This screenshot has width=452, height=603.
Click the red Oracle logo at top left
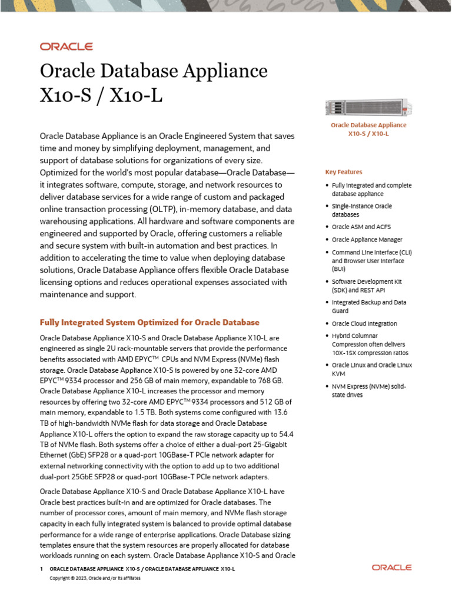[x=66, y=47]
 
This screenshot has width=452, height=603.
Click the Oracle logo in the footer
[x=391, y=567]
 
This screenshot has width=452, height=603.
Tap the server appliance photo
[x=368, y=108]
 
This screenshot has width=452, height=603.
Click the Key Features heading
[x=344, y=172]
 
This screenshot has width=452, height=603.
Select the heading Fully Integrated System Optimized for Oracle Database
[x=149, y=323]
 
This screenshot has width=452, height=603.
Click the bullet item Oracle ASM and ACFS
[x=361, y=227]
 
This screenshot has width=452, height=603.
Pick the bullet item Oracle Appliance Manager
[x=367, y=240]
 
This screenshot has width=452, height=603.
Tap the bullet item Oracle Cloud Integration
[x=364, y=323]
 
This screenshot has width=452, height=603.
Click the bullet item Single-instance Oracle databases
[x=361, y=210]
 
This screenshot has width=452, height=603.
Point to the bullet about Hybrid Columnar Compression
[x=370, y=344]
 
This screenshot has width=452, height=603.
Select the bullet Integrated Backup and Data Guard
[x=368, y=306]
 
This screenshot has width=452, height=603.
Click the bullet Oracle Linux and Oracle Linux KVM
[x=371, y=369]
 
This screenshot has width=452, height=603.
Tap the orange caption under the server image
[x=368, y=129]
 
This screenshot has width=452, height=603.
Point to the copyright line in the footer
[x=95, y=578]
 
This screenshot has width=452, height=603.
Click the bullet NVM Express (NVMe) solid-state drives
[x=368, y=390]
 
